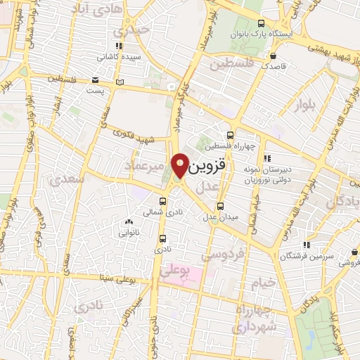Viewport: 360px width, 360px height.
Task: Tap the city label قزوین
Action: click(209, 166)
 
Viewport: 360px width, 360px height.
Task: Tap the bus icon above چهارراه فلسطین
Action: click(231, 135)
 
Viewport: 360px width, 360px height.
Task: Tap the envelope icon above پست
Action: click(95, 80)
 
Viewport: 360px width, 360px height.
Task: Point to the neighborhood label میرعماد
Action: click(146, 165)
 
